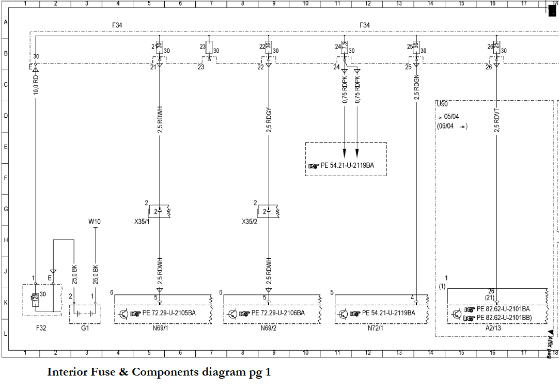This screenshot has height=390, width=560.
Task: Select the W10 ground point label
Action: tap(95, 222)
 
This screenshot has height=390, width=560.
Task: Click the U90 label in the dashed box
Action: tap(442, 104)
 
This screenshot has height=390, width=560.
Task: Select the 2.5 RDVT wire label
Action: tap(497, 121)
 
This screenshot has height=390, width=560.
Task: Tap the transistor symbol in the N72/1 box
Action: tap(343, 314)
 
